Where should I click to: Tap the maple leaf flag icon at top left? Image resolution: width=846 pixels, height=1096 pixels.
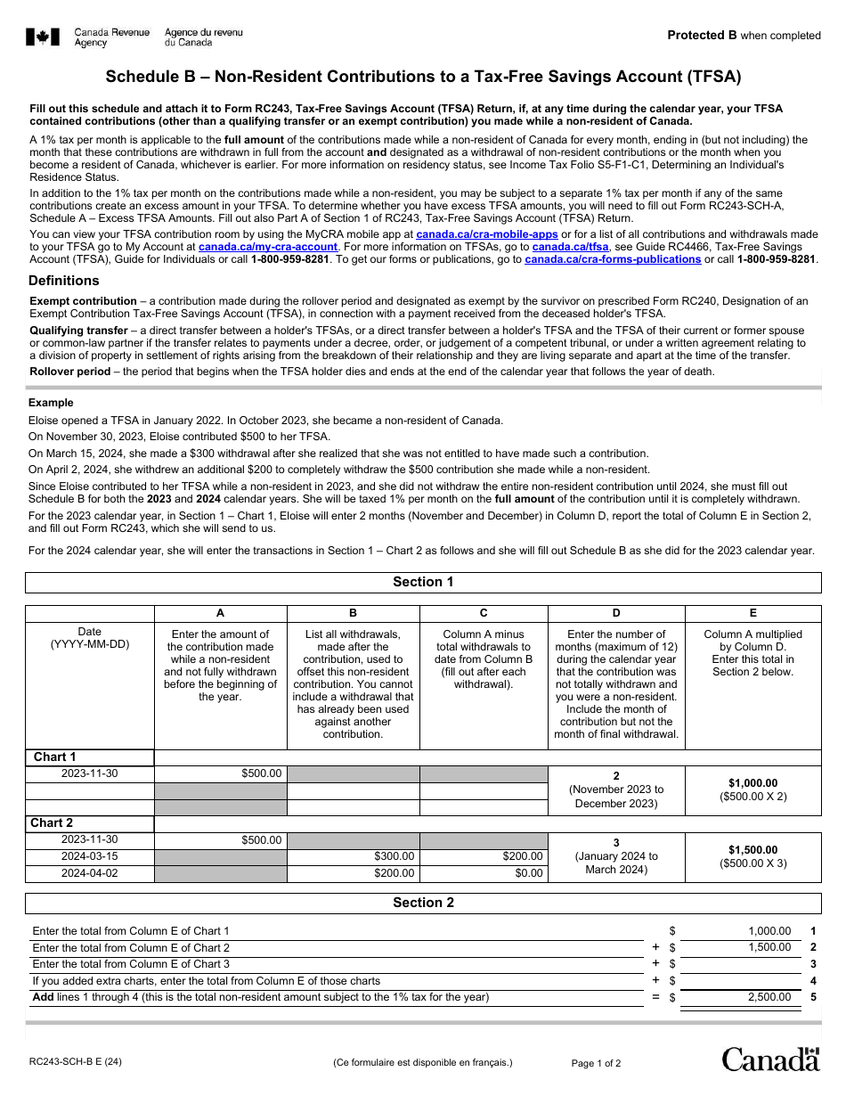(x=43, y=37)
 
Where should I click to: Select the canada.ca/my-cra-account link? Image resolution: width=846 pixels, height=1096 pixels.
(x=268, y=247)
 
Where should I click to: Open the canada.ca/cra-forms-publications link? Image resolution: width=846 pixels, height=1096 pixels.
(x=613, y=259)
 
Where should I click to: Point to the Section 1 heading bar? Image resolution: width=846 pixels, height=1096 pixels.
(x=423, y=582)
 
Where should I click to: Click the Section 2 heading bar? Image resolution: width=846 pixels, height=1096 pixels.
(x=423, y=903)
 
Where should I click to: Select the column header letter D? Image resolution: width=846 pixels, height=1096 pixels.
(x=616, y=613)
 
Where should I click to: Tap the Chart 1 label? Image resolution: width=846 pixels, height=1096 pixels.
(x=55, y=757)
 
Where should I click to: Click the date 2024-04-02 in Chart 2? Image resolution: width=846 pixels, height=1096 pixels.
(x=89, y=873)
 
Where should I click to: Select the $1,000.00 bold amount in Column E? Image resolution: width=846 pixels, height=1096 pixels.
(x=752, y=783)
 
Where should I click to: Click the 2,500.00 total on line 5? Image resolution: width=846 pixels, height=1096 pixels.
(x=769, y=997)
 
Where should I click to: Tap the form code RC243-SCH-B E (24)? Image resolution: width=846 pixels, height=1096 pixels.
(x=76, y=1062)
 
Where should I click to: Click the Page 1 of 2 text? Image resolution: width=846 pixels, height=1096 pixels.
(x=596, y=1063)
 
